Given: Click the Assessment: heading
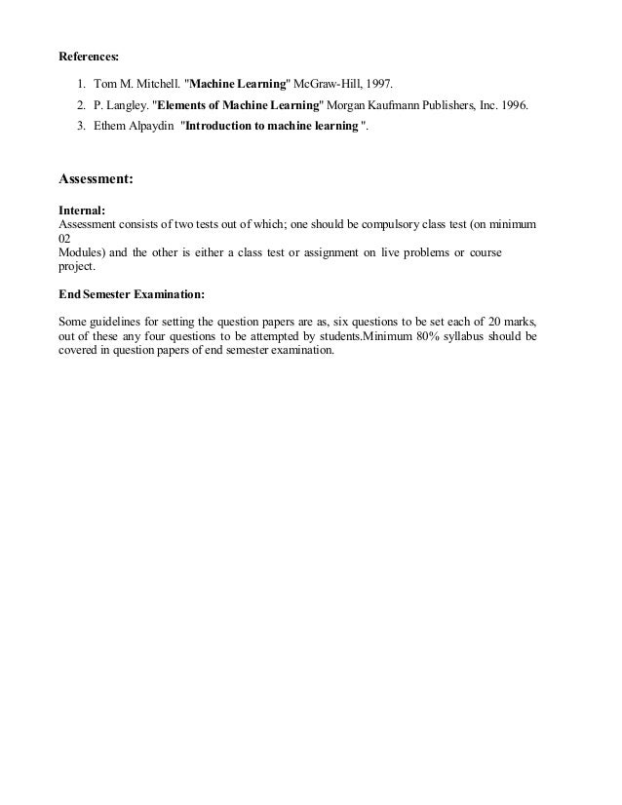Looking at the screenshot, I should point(97,179).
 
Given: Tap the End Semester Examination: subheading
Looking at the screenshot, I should point(132,293).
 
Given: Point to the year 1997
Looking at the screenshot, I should point(380,83).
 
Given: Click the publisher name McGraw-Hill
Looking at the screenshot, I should point(328,83).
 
